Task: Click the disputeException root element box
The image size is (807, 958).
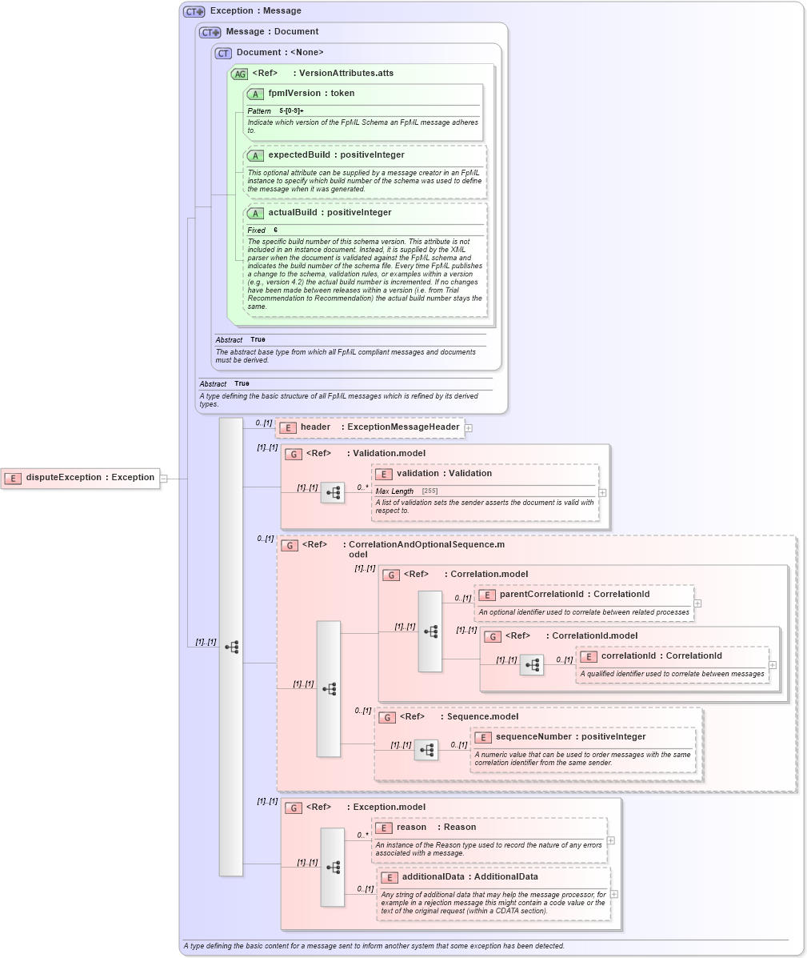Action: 80,478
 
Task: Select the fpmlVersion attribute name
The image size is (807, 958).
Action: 294,94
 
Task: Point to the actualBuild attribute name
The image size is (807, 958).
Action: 296,213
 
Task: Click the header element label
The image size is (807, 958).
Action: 315,427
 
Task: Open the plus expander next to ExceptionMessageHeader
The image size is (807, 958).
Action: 469,428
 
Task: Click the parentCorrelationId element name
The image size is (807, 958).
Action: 541,595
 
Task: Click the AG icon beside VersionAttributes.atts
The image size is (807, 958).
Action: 239,74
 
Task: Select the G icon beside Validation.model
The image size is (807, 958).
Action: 293,454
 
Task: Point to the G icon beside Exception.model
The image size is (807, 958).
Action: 293,808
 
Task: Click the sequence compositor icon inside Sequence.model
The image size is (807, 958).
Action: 426,750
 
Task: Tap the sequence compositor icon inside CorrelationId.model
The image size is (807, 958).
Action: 532,665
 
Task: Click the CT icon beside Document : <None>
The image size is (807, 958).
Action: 223,53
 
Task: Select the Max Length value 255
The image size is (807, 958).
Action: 429,491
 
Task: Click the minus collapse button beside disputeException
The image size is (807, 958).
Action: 163,479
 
